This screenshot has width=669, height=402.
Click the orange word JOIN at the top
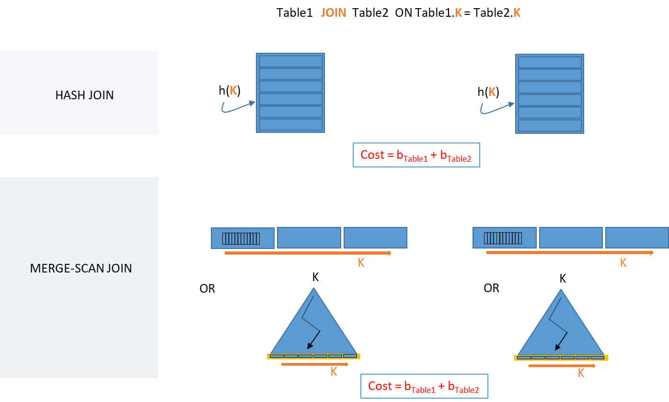click(334, 13)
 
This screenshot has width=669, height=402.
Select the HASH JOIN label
click(84, 95)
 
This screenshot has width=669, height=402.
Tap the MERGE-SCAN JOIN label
click(81, 268)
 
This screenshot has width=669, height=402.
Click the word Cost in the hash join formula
click(372, 155)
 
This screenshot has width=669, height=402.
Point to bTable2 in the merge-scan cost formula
click(463, 387)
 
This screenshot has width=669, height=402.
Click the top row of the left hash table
click(290, 61)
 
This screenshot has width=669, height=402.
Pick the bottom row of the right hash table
click(550, 126)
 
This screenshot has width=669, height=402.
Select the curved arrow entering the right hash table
click(496, 108)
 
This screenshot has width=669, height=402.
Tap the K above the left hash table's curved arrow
click(233, 90)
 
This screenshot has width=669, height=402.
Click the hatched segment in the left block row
click(241, 238)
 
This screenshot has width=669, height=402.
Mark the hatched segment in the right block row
click(503, 238)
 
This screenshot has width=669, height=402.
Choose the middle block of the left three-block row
click(309, 238)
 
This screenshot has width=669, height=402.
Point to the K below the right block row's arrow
click(623, 263)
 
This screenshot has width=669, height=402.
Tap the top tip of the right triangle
click(561, 289)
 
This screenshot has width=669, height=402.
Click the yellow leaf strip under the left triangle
click(313, 356)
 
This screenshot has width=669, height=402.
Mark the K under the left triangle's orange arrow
click(334, 372)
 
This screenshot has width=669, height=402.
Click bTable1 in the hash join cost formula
click(412, 156)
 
